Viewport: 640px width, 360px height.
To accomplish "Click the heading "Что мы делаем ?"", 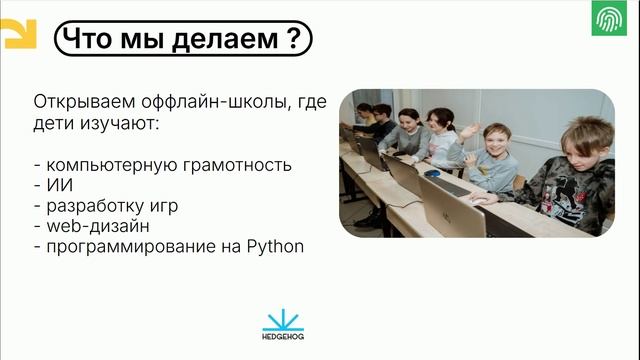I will pyautogui.click(x=180, y=39).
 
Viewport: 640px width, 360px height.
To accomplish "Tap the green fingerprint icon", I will pyautogui.click(x=608, y=20).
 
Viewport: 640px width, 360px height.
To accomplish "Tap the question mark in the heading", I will pyautogui.click(x=291, y=39).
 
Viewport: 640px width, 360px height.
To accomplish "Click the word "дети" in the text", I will pyautogui.click(x=54, y=124).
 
